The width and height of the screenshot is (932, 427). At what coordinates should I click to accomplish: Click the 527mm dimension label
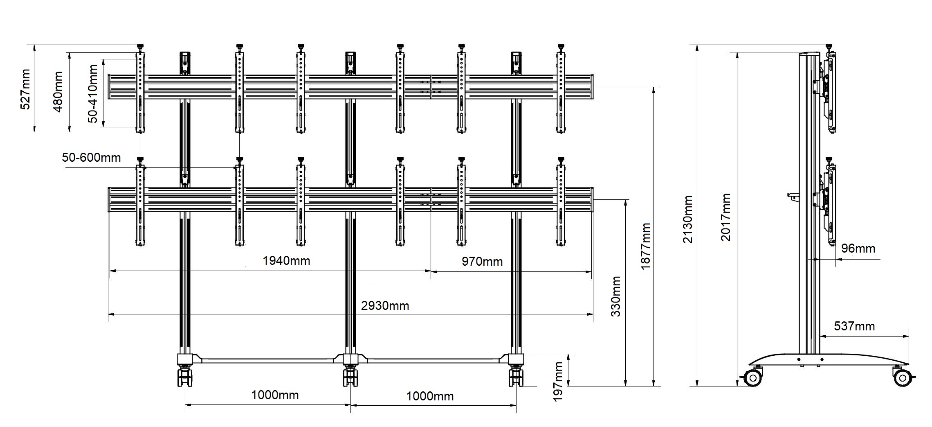point(25,89)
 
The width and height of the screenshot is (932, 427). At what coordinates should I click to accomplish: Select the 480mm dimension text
point(58,92)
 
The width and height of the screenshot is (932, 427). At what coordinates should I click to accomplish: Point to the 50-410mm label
point(93,93)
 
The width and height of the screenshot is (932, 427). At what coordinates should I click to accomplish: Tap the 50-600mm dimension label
point(91,158)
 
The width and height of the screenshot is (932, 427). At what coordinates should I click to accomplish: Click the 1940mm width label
point(286,260)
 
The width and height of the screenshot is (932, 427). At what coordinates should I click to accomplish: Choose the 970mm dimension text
point(482,261)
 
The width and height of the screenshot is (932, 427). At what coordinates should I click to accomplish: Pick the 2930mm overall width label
point(385,305)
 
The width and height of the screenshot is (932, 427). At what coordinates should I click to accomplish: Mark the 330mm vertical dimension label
point(615,296)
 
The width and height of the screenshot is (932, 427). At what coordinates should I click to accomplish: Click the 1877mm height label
point(645,246)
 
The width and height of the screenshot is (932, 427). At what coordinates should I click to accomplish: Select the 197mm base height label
point(558,382)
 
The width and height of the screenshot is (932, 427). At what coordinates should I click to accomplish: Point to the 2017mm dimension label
point(725,217)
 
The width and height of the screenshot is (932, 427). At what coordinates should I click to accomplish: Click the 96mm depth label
point(858,249)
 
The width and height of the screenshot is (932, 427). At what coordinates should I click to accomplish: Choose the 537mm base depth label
point(854,326)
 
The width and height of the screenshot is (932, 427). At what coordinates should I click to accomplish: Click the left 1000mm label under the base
point(275,395)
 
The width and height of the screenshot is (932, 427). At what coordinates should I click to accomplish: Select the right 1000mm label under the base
point(430,396)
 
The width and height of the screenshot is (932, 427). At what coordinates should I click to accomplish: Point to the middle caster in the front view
point(350,377)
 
